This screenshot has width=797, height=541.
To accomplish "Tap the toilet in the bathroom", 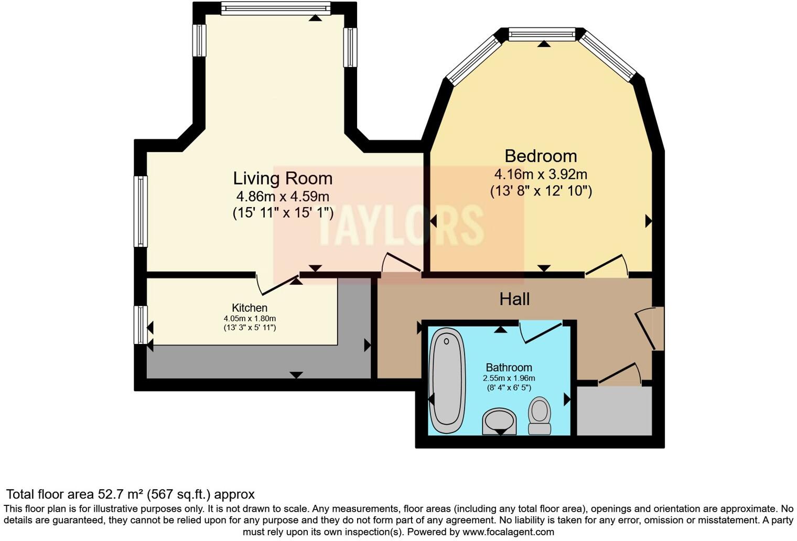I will tap(540, 416).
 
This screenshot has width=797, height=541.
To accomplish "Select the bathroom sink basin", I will tap(499, 421).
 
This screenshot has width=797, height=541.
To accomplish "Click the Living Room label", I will tap(283, 179).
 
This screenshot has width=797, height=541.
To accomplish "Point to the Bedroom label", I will tap(541, 156).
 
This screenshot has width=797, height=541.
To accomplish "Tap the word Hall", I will tap(514, 299).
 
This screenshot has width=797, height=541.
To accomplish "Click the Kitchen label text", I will tap(250, 308).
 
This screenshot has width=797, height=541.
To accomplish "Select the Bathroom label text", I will tap(509, 367).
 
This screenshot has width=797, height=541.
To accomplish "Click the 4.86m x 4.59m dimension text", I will tap(283, 197).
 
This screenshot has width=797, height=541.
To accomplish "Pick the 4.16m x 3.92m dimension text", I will tap(541, 174).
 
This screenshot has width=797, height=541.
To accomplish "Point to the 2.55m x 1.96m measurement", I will tap(509, 378).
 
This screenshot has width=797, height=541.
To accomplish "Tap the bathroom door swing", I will tap(540, 331).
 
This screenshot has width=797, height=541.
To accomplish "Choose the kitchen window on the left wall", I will tap(141, 325).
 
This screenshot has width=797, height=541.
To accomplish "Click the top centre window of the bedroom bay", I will tap(542, 35).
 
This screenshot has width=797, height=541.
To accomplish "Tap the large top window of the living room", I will tap(276, 8).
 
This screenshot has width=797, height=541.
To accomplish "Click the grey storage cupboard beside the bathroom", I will tap(614, 411).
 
